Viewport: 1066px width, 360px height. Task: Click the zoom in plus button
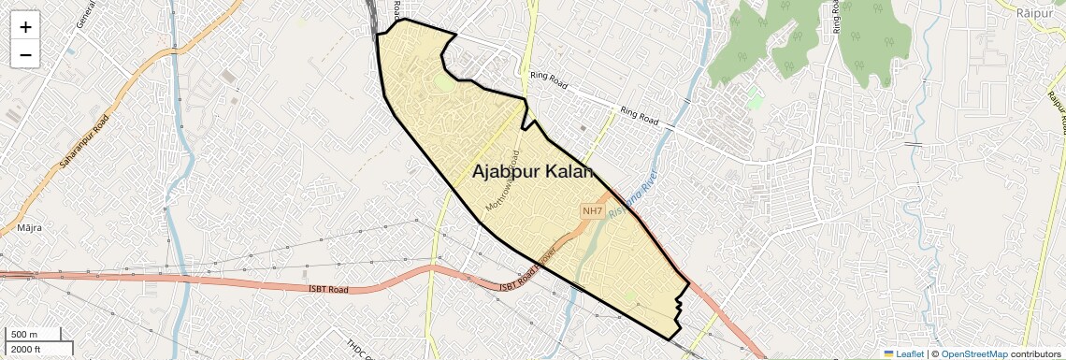tap(25, 27)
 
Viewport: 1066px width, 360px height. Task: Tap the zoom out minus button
tap(25, 55)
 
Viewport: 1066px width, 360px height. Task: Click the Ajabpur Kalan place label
tap(533, 172)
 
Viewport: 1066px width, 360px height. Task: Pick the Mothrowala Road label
tap(502, 180)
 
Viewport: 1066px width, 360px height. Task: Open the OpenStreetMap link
tap(973, 353)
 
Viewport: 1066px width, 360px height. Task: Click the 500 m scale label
tap(24, 335)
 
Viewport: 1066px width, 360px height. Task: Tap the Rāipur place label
tap(1034, 13)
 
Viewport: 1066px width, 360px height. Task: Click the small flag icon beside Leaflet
tap(888, 353)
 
